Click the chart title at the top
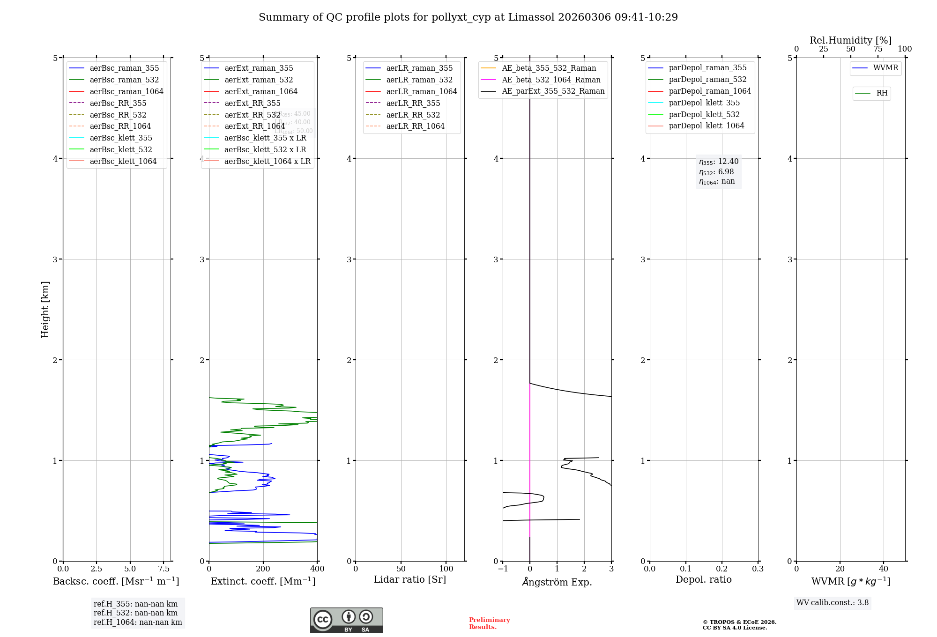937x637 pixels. coord(468,17)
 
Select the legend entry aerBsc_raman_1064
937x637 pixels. coord(126,91)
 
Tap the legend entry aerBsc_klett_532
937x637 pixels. coord(121,149)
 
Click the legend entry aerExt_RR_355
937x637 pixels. coord(253,103)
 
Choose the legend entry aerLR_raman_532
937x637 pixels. coord(419,80)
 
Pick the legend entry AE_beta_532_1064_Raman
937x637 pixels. coord(551,80)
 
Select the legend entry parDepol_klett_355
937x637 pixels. coord(704,103)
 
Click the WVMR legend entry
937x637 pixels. coord(885,68)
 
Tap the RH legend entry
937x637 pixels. coord(882,93)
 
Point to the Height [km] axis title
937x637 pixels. coord(45,309)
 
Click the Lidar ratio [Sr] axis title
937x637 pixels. coord(410,579)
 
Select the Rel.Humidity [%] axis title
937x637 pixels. coord(850,40)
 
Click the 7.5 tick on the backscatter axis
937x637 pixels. coord(164,569)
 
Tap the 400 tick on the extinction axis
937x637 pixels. coord(317,569)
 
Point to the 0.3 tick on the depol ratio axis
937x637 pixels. coord(758,569)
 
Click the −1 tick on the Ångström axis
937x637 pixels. coord(503,569)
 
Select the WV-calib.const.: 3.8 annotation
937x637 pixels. coord(833,602)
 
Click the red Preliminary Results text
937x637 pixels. coord(489,623)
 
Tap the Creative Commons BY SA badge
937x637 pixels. coord(346,621)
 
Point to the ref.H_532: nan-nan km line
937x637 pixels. coord(135,613)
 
